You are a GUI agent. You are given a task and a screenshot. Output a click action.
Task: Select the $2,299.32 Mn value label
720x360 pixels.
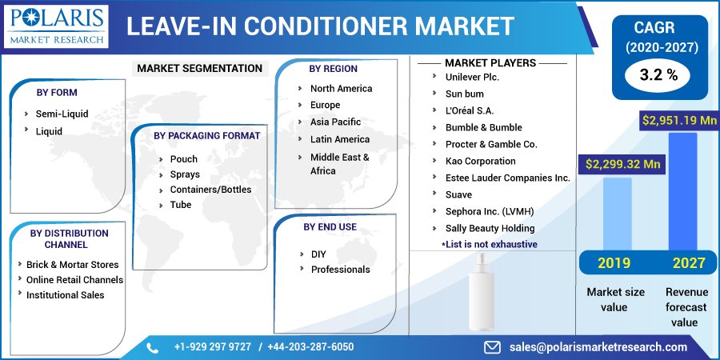click(x=623, y=164)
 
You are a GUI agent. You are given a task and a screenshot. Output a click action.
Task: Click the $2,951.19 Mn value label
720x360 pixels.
click(x=679, y=120)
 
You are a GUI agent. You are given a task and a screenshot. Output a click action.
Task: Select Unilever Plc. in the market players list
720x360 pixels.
click(x=472, y=77)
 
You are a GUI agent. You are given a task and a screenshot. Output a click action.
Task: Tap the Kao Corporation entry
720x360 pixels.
click(x=480, y=161)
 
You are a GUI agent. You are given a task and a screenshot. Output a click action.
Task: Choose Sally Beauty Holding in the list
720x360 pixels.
click(x=490, y=228)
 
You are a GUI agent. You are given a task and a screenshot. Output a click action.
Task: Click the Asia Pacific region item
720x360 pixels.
click(x=335, y=122)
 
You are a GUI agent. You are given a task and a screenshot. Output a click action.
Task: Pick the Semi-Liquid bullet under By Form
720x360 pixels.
click(x=62, y=114)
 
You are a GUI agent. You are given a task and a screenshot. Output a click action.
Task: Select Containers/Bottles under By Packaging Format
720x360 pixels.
click(x=210, y=190)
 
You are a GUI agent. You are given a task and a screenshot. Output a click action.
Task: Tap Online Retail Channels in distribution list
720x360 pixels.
click(x=74, y=280)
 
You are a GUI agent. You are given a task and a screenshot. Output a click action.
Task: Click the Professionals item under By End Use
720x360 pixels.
click(x=340, y=270)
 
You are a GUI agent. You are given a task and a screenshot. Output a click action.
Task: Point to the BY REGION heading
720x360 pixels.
click(x=334, y=69)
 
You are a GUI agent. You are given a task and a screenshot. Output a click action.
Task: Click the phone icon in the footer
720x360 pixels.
click(x=153, y=347)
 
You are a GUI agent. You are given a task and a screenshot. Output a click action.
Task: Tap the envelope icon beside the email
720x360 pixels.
click(x=492, y=347)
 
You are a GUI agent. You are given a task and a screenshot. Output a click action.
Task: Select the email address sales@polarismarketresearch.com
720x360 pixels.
click(x=598, y=347)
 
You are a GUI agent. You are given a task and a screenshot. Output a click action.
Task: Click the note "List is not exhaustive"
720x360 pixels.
click(x=489, y=244)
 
